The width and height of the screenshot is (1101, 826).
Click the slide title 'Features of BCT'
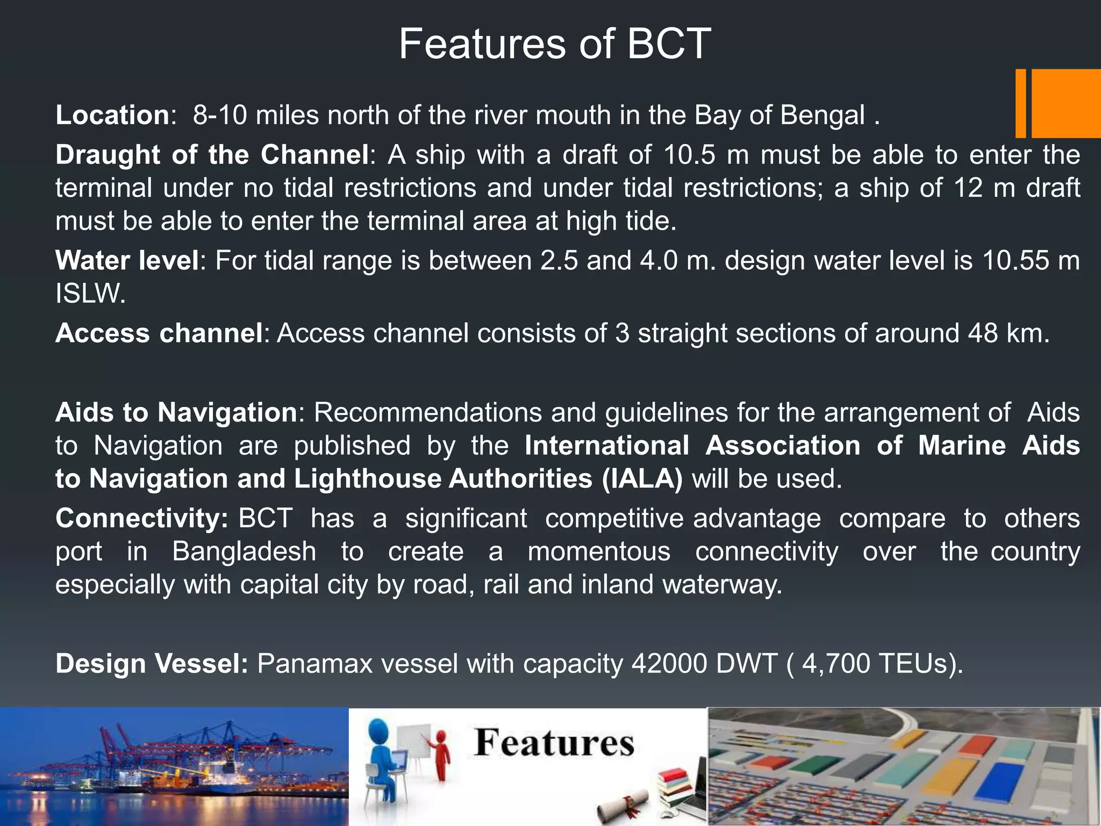[555, 44]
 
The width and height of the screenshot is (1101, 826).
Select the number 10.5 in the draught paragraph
[690, 155]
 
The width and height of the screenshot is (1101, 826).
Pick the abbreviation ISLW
[90, 294]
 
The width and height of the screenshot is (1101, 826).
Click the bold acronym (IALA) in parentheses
[642, 479]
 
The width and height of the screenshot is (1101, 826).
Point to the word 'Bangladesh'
[244, 552]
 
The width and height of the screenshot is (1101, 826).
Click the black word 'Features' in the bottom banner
[554, 743]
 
